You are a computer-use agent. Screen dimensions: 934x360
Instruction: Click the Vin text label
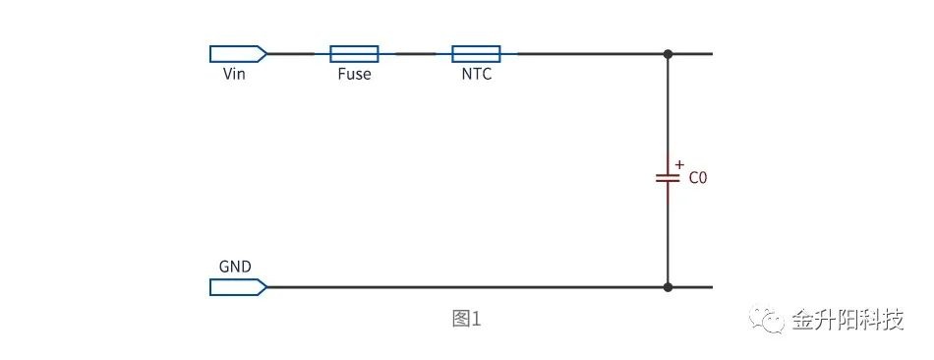click(x=234, y=74)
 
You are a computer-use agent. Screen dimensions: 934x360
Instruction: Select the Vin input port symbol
click(x=238, y=54)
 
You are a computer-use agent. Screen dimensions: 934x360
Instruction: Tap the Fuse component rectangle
click(x=354, y=54)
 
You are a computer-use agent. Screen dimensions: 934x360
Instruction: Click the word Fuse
click(x=354, y=74)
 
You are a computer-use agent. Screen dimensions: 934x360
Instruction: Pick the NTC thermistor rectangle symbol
click(x=476, y=54)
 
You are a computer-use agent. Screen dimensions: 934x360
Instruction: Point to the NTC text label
click(x=477, y=74)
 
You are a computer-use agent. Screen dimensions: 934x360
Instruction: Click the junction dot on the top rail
click(x=668, y=54)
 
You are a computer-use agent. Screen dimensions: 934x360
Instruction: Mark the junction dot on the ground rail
click(x=668, y=287)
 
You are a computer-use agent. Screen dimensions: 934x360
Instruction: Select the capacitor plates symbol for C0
click(x=668, y=178)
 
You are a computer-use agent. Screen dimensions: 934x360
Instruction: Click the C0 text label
click(x=697, y=178)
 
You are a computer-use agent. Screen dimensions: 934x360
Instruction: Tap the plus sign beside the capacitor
click(x=679, y=164)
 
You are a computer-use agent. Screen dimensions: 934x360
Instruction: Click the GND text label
click(x=235, y=267)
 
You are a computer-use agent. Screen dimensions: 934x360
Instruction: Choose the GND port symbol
click(x=238, y=287)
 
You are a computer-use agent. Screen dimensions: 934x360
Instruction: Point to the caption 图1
click(x=466, y=320)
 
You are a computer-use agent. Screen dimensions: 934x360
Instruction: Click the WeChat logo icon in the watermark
click(x=767, y=320)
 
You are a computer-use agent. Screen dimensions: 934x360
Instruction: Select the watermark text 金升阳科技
click(x=848, y=320)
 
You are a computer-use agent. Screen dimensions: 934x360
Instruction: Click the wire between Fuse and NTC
click(x=415, y=54)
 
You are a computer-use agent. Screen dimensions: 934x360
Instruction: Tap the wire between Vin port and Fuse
click(x=298, y=54)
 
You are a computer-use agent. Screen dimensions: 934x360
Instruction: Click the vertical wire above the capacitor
click(x=668, y=113)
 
